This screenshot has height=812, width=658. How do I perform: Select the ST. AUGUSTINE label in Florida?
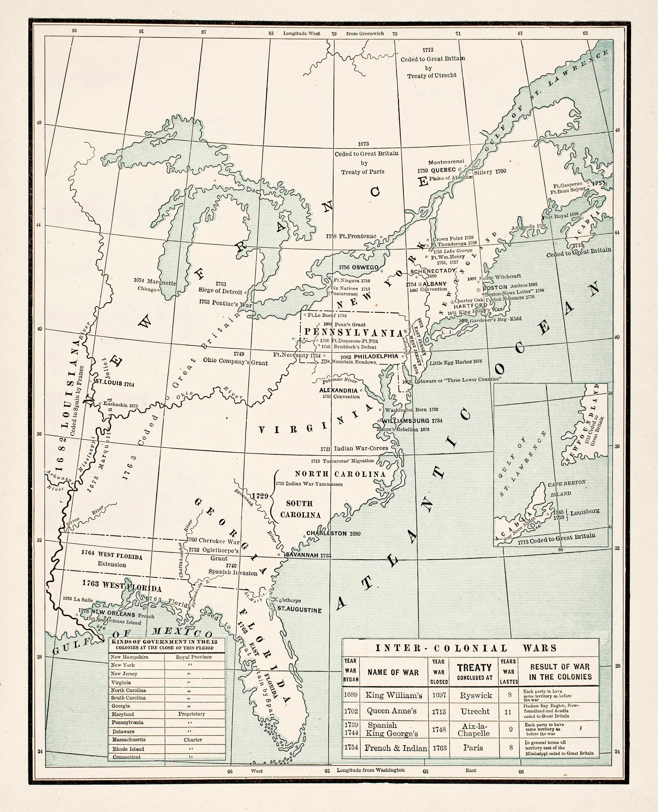coord(299,611)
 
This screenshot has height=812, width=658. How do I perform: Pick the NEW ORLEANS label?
coord(113,614)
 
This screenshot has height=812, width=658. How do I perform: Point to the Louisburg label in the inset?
coord(585,512)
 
